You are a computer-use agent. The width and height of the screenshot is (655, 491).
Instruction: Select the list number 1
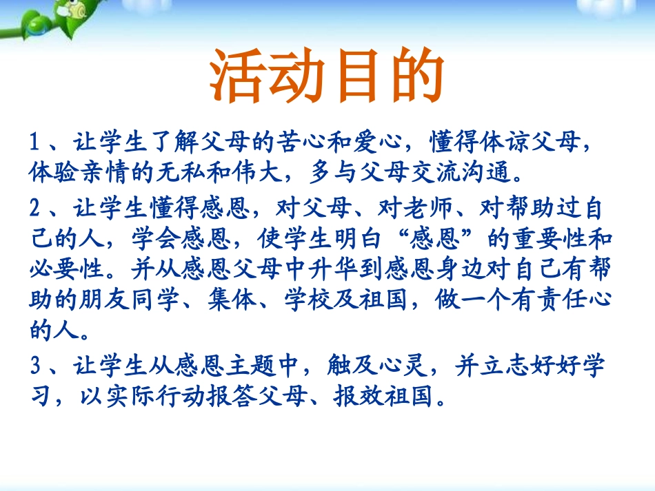[x=34, y=141]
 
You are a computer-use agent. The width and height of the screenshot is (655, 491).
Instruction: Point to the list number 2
[x=35, y=207]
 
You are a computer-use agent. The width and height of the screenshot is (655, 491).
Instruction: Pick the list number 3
[x=35, y=365]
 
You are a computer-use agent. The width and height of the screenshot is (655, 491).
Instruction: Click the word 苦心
[x=301, y=141]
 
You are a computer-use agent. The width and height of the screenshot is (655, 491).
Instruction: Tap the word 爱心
[x=378, y=141]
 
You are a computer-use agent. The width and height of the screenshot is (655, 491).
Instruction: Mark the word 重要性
[x=550, y=238]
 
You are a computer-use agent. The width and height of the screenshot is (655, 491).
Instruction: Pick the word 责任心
[x=575, y=299]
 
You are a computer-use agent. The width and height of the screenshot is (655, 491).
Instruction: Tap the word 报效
[x=358, y=396]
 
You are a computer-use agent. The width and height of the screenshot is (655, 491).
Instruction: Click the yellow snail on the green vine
[x=75, y=9]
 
